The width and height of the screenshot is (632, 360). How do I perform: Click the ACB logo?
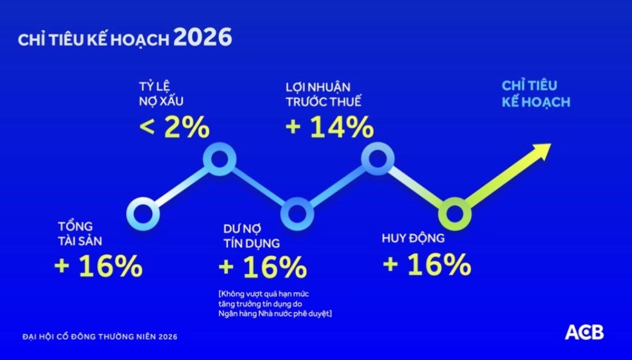click(x=584, y=332)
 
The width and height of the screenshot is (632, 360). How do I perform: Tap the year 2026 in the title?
click(x=202, y=38)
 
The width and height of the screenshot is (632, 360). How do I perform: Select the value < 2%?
click(x=175, y=128)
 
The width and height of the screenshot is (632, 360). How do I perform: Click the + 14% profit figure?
click(x=330, y=128)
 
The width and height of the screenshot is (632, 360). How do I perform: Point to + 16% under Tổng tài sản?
click(x=98, y=267)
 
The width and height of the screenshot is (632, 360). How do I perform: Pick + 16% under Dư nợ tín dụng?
click(x=262, y=267)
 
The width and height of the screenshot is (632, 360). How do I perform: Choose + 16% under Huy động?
click(x=427, y=265)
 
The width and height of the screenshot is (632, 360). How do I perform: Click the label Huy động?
click(x=413, y=238)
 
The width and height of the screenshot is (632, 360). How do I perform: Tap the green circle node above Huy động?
click(x=454, y=213)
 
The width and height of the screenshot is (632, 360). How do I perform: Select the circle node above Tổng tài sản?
click(x=144, y=213)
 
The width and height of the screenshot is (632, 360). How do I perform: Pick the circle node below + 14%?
click(x=378, y=159)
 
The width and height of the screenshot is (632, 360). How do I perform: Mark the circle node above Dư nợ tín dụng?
click(x=298, y=213)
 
